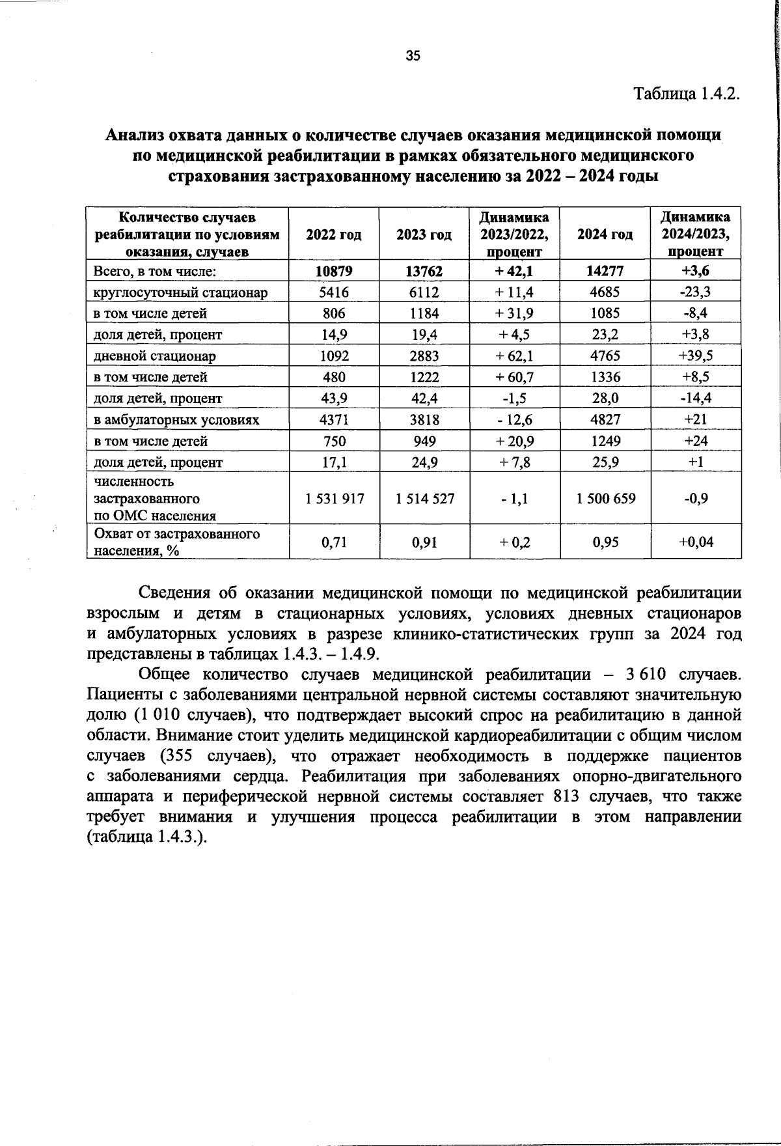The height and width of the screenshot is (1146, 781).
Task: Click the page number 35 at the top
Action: (x=413, y=55)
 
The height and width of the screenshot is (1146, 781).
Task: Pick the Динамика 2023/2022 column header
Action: (x=514, y=234)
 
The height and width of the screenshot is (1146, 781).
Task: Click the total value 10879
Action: (x=334, y=271)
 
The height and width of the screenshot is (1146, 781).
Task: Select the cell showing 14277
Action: (x=605, y=271)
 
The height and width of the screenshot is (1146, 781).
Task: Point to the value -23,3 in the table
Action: (x=695, y=292)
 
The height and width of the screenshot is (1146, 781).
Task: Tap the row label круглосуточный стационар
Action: (x=181, y=292)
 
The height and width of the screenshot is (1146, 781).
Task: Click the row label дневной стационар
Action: (x=155, y=356)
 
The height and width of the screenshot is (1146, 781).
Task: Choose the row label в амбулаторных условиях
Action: (x=176, y=420)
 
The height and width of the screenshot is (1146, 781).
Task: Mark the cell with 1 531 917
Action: (x=335, y=499)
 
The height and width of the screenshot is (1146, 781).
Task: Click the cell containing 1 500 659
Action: (x=605, y=499)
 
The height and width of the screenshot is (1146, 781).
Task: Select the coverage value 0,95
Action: (x=605, y=541)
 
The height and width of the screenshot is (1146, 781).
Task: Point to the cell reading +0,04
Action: (x=695, y=541)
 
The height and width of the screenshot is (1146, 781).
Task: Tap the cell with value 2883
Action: (x=424, y=356)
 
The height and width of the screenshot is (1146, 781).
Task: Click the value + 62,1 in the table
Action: (x=514, y=356)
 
